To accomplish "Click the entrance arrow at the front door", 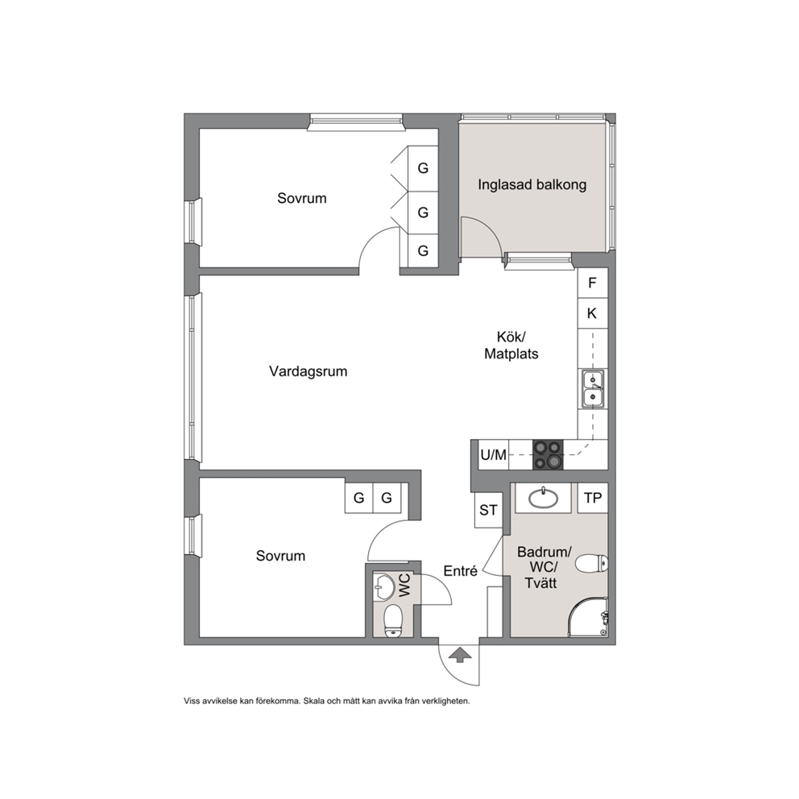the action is click(x=460, y=655).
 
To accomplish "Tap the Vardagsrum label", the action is click(x=308, y=371).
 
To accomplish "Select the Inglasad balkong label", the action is click(x=532, y=184).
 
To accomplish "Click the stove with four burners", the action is click(x=548, y=454).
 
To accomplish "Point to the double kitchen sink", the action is click(x=593, y=389).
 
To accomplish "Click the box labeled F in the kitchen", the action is click(x=593, y=283).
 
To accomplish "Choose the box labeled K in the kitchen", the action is click(x=593, y=313).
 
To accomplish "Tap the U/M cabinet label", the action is click(x=494, y=454).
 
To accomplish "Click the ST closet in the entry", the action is click(x=488, y=510).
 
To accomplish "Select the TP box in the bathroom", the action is click(x=593, y=498).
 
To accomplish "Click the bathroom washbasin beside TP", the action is click(x=543, y=498).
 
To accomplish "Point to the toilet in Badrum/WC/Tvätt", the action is click(x=592, y=564).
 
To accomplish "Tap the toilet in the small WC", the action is click(x=393, y=621).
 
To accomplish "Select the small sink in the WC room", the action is click(x=383, y=586).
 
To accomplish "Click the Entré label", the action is click(x=461, y=571).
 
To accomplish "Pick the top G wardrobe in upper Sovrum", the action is click(x=423, y=168).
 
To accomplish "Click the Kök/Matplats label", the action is click(x=511, y=346).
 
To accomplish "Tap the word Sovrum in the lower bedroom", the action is click(x=281, y=556).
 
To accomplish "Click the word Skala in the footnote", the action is click(x=314, y=702).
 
